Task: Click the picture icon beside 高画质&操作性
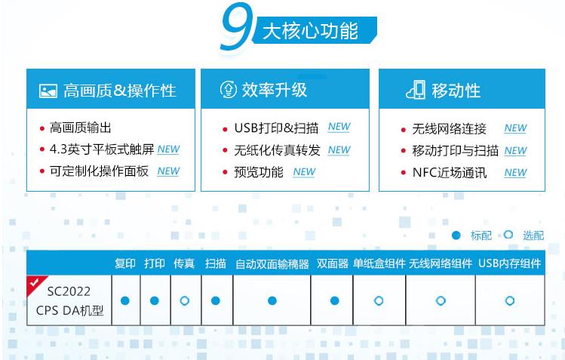(x=48, y=91)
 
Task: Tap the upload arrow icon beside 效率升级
(x=229, y=90)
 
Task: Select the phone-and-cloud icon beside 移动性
(x=416, y=90)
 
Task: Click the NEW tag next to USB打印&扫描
(x=339, y=128)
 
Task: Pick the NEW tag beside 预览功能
(x=304, y=172)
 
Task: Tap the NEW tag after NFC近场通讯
(x=515, y=173)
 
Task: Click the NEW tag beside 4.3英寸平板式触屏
(x=168, y=149)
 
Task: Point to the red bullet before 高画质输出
(x=42, y=128)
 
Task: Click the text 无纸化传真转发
(x=277, y=150)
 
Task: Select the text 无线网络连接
(x=450, y=128)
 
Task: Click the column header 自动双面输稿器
(x=272, y=264)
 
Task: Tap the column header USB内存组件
(x=509, y=263)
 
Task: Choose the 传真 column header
(x=184, y=263)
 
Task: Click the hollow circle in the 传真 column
(x=185, y=300)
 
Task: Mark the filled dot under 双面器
(x=334, y=300)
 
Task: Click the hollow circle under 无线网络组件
(x=441, y=300)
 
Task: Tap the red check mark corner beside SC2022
(x=35, y=283)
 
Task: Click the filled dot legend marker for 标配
(x=456, y=235)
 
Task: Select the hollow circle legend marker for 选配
(x=508, y=235)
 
